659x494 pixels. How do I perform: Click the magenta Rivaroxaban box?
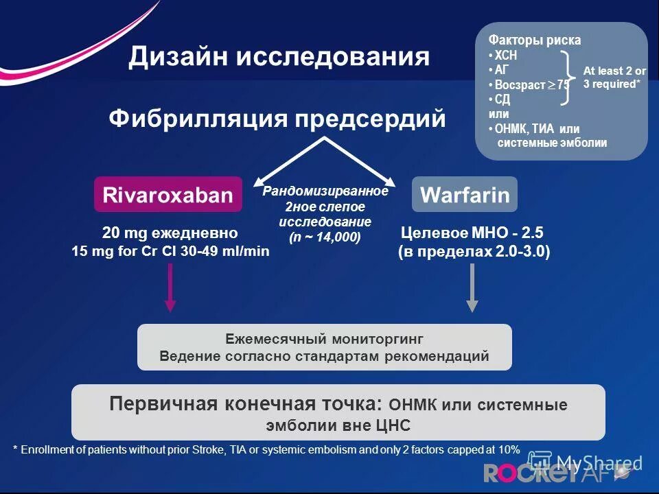tap(168, 195)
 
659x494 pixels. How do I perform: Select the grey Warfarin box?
tap(464, 195)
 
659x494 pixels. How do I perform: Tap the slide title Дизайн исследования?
tap(279, 57)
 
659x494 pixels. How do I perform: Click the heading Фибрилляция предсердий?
tap(277, 118)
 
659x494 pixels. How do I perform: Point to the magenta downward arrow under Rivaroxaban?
tap(171, 289)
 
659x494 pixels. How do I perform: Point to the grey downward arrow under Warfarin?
tap(472, 289)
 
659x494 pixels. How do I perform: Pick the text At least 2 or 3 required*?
tap(615, 78)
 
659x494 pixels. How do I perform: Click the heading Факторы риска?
tap(534, 40)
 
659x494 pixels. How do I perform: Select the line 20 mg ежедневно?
tap(170, 233)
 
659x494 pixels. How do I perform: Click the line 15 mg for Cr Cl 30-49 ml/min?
tap(170, 252)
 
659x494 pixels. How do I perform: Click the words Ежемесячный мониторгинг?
tap(325, 340)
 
